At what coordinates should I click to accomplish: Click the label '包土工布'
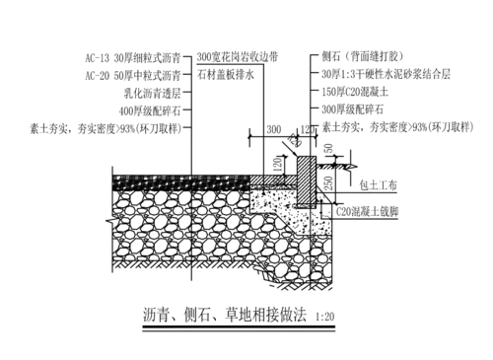(380, 181)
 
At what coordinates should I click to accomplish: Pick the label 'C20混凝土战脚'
(375, 210)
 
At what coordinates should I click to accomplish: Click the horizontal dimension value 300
(272, 129)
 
